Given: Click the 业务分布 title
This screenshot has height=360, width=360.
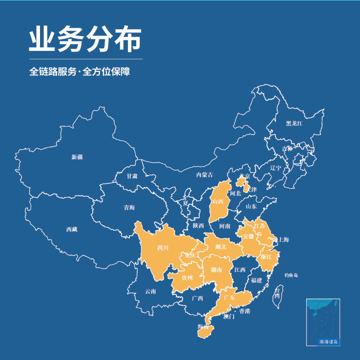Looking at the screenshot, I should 85,40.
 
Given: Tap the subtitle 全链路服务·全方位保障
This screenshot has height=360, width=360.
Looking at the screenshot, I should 80,72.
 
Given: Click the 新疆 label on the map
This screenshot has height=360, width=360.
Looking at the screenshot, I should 77,157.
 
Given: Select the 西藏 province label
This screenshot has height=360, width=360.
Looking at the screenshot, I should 72,229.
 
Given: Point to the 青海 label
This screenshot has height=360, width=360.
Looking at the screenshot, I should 129,208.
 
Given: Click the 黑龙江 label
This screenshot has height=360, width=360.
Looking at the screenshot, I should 294,123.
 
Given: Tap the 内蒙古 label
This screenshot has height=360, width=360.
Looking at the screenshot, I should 204,175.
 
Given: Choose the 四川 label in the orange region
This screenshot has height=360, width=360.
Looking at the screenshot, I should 162,248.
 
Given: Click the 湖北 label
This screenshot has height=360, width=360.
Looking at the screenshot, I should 221,246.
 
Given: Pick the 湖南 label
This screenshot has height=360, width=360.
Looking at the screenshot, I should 216,270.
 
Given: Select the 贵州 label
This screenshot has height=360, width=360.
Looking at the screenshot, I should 187,278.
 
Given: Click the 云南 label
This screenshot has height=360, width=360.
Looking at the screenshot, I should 150,291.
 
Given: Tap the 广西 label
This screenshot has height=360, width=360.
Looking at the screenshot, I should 198,299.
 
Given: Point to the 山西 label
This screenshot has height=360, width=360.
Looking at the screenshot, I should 218,202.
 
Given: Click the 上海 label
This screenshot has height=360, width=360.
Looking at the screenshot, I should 284,240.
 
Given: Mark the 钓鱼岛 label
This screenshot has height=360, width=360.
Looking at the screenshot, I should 291,275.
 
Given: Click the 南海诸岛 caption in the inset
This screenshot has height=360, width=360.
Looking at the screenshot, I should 328,342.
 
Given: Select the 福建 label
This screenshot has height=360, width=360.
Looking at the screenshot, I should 256,280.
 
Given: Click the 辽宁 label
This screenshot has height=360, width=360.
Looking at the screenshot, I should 276,168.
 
